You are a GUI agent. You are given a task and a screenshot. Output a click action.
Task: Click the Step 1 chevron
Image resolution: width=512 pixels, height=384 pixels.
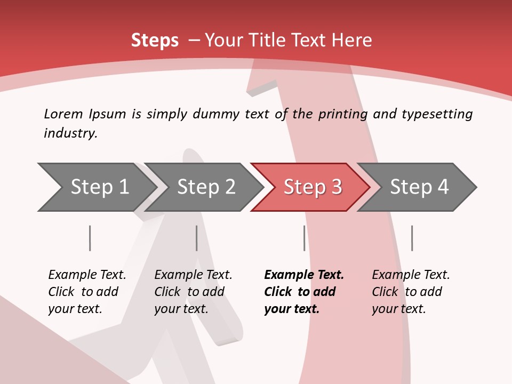click(x=99, y=187)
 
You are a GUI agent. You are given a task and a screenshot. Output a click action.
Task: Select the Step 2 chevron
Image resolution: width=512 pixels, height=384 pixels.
click(x=206, y=187)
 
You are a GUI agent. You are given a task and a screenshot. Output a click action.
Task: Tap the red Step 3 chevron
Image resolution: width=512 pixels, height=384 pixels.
click(x=313, y=187)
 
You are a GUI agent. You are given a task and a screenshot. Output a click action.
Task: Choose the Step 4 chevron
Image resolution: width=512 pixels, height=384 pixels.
click(x=419, y=187)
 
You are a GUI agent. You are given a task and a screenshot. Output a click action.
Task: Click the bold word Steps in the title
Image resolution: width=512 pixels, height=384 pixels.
click(x=155, y=41)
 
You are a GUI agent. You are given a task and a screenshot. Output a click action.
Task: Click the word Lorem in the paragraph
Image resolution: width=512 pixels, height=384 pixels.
click(x=63, y=114)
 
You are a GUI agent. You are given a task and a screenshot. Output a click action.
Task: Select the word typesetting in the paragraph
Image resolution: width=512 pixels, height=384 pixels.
click(x=437, y=114)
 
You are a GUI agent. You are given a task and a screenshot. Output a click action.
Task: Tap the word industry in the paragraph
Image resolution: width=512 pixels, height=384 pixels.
click(x=70, y=133)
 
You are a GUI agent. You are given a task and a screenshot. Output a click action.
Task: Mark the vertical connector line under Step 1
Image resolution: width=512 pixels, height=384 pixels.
click(x=90, y=238)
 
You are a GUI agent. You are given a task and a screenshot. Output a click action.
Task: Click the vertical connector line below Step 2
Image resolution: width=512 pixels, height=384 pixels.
click(x=196, y=238)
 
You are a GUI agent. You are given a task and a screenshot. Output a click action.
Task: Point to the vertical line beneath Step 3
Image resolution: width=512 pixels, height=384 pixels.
click(x=304, y=238)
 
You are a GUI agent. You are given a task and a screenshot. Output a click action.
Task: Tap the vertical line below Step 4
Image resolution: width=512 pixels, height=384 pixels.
click(x=412, y=238)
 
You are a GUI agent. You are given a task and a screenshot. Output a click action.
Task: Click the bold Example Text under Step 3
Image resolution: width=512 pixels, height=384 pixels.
click(x=304, y=275)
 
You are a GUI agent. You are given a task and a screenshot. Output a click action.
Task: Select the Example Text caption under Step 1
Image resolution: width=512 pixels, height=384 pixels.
click(x=87, y=275)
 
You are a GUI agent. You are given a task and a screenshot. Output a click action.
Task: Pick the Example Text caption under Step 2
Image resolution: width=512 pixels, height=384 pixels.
click(x=193, y=275)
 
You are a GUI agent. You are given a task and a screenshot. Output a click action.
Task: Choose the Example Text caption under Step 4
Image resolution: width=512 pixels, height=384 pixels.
click(x=411, y=275)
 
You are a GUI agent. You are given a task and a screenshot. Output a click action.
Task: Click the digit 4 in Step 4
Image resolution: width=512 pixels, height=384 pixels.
click(x=443, y=187)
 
